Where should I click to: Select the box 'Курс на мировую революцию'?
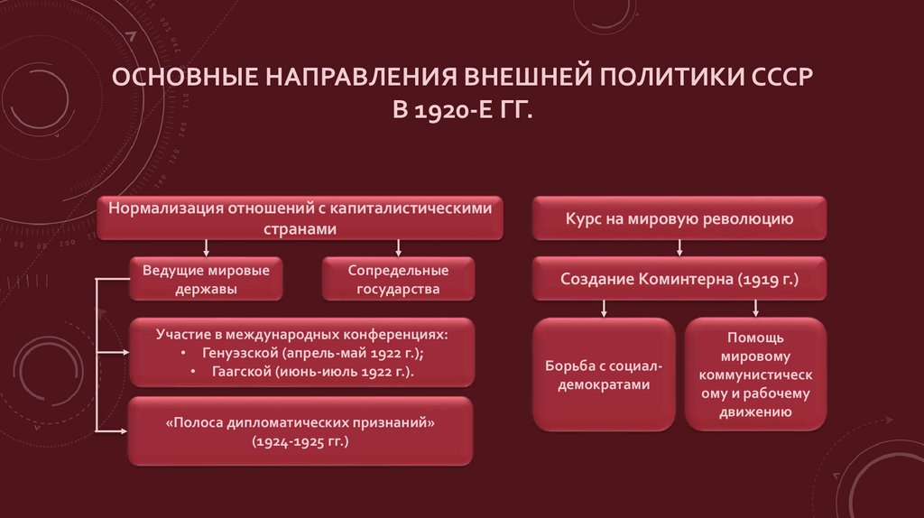click(x=679, y=218)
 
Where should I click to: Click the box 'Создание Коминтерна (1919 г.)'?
click(x=679, y=280)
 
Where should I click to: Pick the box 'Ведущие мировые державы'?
click(x=208, y=280)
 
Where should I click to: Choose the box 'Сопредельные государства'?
click(x=397, y=280)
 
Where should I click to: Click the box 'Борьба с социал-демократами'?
click(x=604, y=375)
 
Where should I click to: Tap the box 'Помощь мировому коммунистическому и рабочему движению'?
click(x=756, y=374)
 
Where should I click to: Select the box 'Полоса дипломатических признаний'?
click(x=300, y=431)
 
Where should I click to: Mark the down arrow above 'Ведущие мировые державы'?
click(x=208, y=247)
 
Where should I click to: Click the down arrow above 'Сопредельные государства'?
click(x=398, y=247)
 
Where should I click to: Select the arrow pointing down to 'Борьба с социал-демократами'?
click(x=604, y=308)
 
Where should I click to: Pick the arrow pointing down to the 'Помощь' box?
click(x=756, y=308)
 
